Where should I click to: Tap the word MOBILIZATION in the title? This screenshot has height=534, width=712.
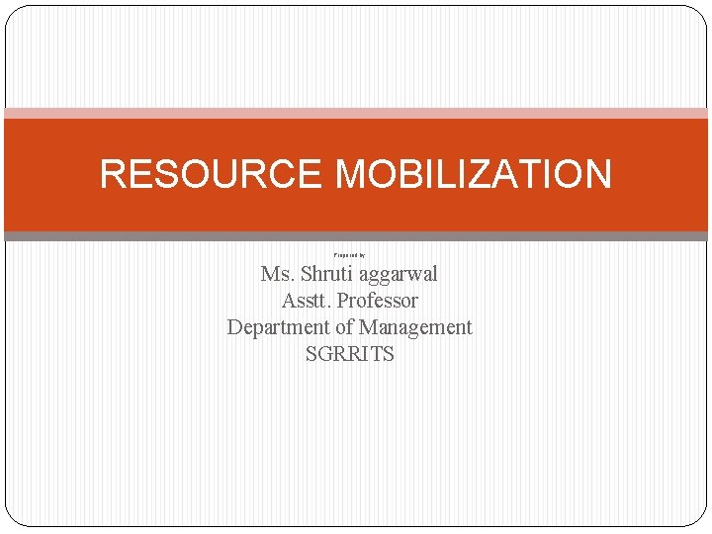point(474,174)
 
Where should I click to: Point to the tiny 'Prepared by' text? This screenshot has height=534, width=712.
point(349,255)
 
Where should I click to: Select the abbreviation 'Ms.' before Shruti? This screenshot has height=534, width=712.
point(277,274)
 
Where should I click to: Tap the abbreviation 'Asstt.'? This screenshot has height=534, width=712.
point(307,301)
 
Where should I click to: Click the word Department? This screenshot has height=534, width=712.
point(276,327)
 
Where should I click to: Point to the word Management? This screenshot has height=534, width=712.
point(415,327)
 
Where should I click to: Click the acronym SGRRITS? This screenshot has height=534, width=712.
point(350,354)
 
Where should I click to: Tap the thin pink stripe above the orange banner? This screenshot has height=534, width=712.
point(356,113)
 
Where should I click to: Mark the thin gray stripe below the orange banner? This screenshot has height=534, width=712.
point(356,236)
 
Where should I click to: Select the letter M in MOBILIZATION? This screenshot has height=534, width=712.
point(354,174)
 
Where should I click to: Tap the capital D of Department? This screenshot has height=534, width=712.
point(234,327)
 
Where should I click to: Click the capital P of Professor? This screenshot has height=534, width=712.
point(344,301)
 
